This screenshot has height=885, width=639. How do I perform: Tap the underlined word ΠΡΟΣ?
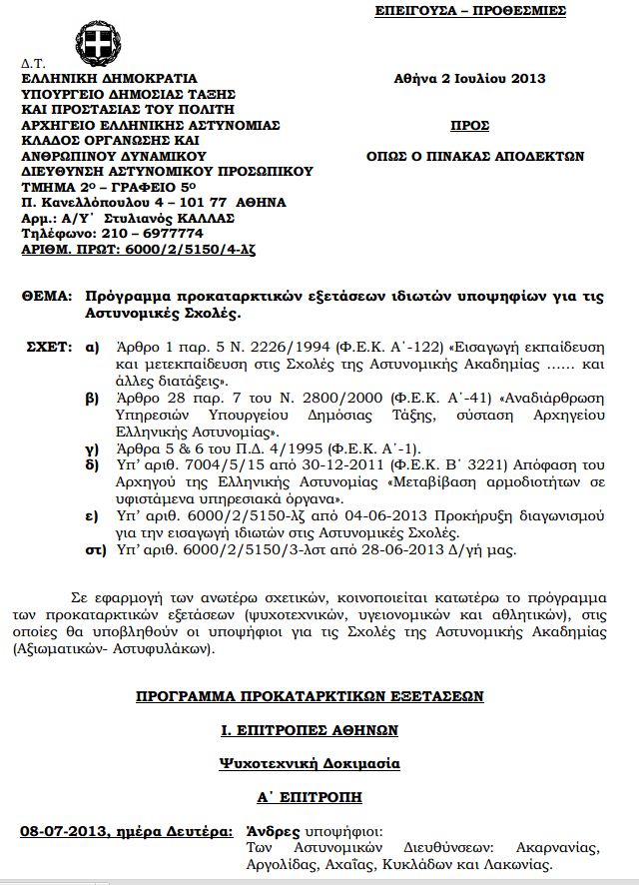[x=470, y=126]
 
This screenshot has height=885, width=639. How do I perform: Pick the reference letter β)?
[x=93, y=397]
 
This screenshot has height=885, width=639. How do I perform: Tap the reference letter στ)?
[x=95, y=550]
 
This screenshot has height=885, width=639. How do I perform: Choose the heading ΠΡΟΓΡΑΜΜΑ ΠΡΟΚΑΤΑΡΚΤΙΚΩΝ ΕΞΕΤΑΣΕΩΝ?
[x=310, y=696]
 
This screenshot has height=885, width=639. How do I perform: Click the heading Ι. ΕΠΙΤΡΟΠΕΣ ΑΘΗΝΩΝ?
[x=310, y=730]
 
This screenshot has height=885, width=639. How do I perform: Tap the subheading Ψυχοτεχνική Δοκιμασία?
[x=310, y=763]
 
